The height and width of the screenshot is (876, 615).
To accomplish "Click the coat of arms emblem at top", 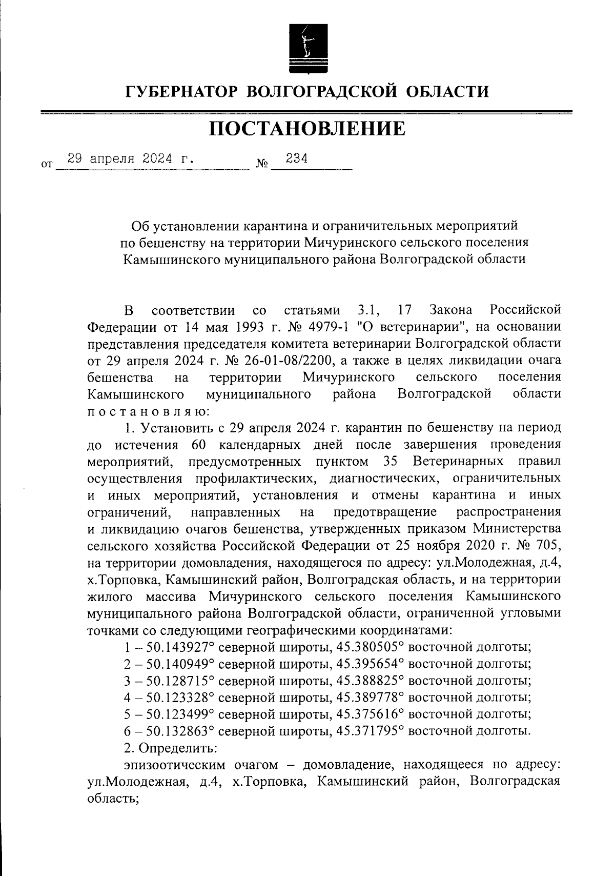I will [306, 48].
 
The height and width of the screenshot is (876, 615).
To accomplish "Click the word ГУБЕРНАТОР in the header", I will [182, 92].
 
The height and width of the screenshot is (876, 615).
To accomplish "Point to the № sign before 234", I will [262, 165].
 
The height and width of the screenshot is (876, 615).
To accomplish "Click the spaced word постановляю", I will [147, 411].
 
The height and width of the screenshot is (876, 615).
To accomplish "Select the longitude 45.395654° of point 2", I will [370, 664].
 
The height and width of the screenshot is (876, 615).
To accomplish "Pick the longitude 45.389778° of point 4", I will [370, 698].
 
